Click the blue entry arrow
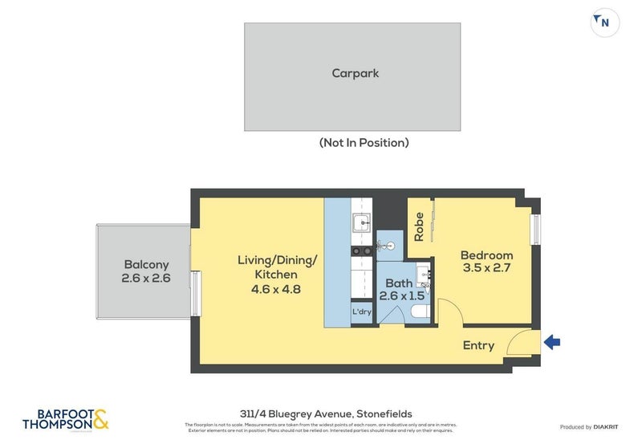click(x=552, y=343)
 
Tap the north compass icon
click(x=604, y=22)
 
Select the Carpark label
click(x=355, y=73)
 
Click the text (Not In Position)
click(x=364, y=143)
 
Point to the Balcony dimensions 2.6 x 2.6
click(x=145, y=279)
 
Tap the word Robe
click(x=419, y=226)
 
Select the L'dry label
click(x=361, y=312)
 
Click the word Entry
click(x=478, y=345)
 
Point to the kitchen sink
click(x=363, y=222)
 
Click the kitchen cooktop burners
click(x=362, y=251)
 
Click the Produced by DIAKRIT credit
click(x=587, y=427)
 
